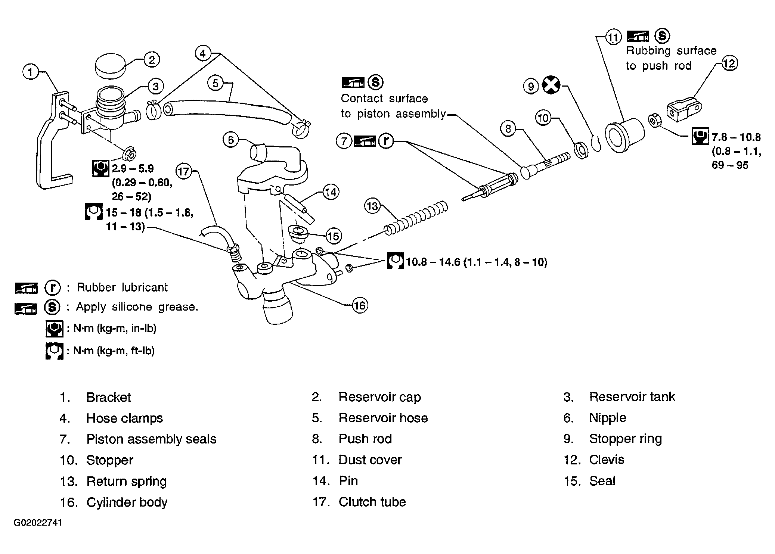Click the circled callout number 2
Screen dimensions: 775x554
point(151,60)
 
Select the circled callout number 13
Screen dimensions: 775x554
point(372,206)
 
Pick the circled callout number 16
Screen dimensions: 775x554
point(359,306)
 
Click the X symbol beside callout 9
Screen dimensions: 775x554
point(551,85)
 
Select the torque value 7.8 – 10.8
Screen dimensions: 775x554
point(736,137)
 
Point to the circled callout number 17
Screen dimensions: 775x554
point(184,172)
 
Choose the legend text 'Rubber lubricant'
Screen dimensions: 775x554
point(122,287)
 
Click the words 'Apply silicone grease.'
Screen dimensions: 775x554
point(137,307)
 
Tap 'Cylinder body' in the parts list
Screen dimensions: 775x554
point(127,502)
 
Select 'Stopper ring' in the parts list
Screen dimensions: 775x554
point(625,439)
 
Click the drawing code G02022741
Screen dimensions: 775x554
point(38,522)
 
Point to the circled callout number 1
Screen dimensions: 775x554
point(31,72)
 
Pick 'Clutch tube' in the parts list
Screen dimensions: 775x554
point(372,502)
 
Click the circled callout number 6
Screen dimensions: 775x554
point(231,140)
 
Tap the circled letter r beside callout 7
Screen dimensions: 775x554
point(386,141)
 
